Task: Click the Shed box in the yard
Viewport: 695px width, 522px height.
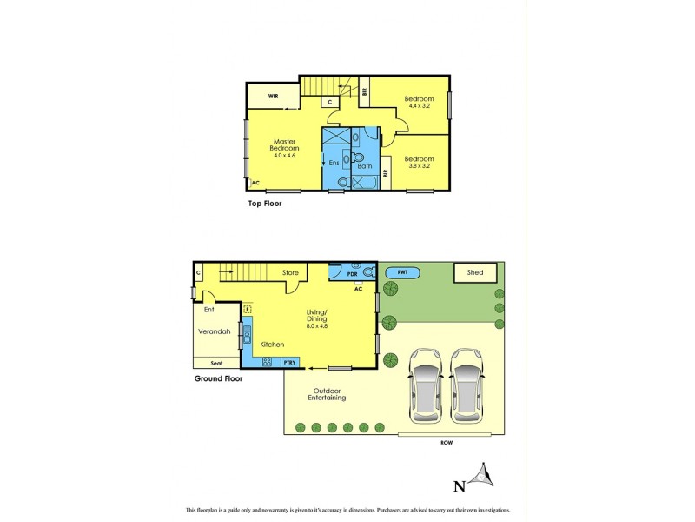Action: click(x=475, y=273)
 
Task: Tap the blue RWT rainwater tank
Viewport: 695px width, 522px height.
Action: click(x=402, y=273)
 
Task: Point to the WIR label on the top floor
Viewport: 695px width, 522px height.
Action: click(x=273, y=96)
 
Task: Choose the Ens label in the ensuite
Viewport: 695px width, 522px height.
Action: click(x=334, y=163)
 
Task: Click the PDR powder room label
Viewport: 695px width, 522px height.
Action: click(x=352, y=273)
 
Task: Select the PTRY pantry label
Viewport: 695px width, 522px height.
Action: click(x=289, y=362)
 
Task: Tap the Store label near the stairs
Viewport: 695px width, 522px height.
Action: click(x=290, y=273)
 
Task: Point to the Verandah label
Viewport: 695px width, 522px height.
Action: click(x=213, y=331)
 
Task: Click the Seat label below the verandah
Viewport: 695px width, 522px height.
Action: click(x=215, y=364)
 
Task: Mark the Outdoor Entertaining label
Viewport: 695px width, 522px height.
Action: click(x=328, y=394)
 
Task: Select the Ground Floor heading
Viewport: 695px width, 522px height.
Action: click(x=217, y=378)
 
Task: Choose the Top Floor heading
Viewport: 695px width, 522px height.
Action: click(x=265, y=204)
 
